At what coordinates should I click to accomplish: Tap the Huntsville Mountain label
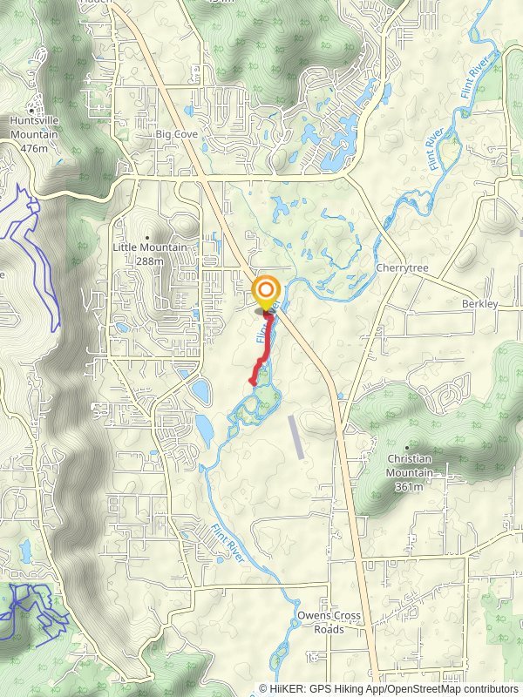[35, 129]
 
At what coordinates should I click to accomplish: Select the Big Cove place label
[177, 134]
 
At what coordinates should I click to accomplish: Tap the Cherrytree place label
[403, 268]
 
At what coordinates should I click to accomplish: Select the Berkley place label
[479, 304]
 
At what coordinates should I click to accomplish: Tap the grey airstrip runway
[297, 436]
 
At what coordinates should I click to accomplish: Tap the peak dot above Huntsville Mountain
[33, 111]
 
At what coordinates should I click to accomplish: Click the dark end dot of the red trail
[267, 313]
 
